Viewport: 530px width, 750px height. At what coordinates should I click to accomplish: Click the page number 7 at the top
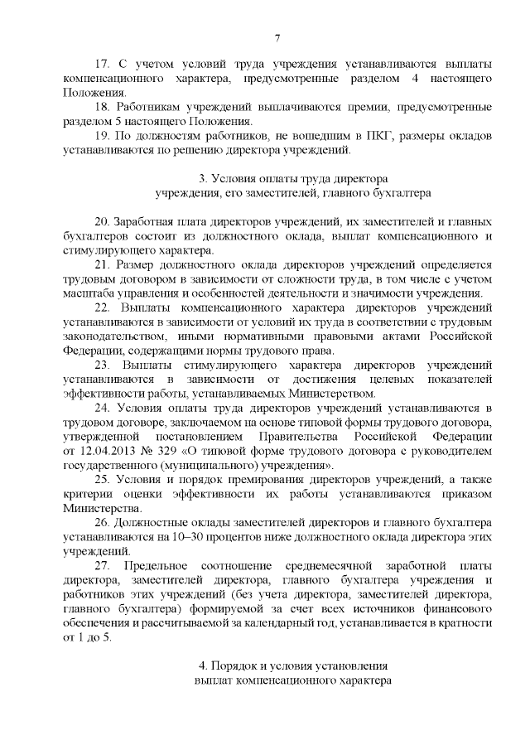click(277, 37)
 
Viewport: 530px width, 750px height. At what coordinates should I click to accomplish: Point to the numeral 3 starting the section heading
click(203, 178)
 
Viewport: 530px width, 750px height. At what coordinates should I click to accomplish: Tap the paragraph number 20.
click(103, 222)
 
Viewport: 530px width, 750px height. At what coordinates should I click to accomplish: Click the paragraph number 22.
click(103, 308)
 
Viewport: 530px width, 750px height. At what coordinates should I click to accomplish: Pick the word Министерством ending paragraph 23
click(328, 394)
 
